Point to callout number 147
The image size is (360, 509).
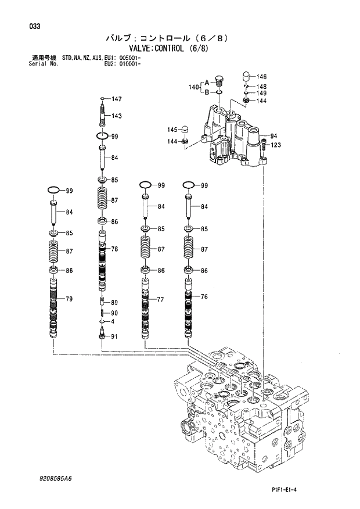pyautogui.click(x=116, y=99)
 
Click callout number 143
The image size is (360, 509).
pyautogui.click(x=116, y=116)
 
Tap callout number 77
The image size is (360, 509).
pyautogui.click(x=161, y=299)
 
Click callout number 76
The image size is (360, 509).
pyautogui.click(x=204, y=297)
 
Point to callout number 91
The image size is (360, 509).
pyautogui.click(x=114, y=336)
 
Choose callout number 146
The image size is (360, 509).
pyautogui.click(x=262, y=77)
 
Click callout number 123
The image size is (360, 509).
pyautogui.click(x=276, y=145)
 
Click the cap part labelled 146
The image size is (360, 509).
pyautogui.click(x=246, y=76)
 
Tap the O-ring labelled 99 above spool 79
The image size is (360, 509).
pyautogui.click(x=53, y=190)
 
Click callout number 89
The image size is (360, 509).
pyautogui.click(x=114, y=303)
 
